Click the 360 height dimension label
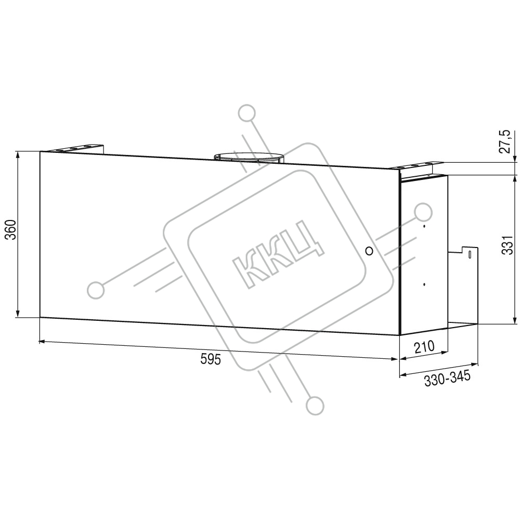click(11, 229)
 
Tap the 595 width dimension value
click(211, 359)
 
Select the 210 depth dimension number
click(424, 346)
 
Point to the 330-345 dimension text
click(447, 379)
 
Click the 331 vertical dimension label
click(508, 245)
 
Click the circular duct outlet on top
click(249, 157)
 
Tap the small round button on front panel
click(369, 251)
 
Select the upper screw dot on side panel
click(424, 227)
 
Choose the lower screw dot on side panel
click(424, 284)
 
